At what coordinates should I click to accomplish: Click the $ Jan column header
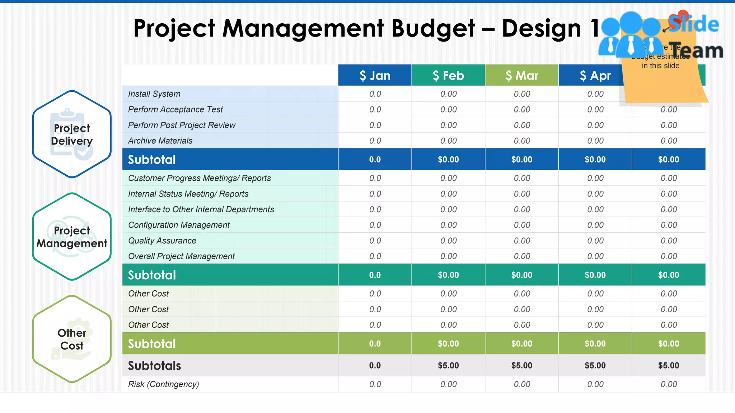[x=375, y=75]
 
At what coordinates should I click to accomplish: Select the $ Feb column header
[x=448, y=75]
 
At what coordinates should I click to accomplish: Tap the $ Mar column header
[x=521, y=75]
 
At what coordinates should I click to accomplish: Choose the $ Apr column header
[x=595, y=75]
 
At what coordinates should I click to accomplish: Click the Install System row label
[x=154, y=94]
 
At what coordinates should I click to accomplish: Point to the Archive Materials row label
[x=160, y=141]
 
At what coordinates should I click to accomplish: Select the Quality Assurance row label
[x=162, y=241]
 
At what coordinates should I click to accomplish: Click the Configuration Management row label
[x=179, y=225]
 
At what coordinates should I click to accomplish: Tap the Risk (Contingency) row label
[x=163, y=384]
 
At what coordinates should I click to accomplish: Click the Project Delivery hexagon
[x=72, y=134]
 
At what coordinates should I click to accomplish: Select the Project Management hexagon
[x=72, y=237]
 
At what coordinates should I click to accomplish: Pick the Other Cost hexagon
[x=72, y=339]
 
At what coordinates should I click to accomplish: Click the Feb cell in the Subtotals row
[x=448, y=366]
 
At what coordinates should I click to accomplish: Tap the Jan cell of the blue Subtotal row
[x=375, y=160]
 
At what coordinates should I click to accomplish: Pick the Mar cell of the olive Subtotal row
[x=521, y=344]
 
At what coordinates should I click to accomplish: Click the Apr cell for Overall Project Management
[x=595, y=256]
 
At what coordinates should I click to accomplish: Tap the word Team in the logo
[x=696, y=51]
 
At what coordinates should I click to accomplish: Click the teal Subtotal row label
[x=152, y=275]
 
